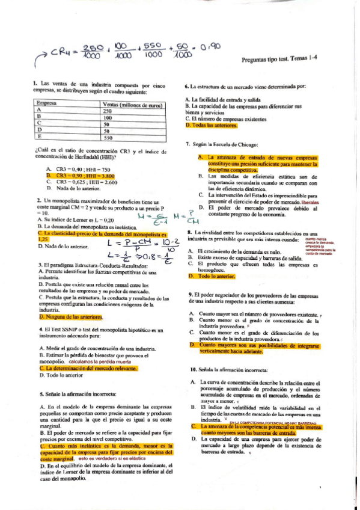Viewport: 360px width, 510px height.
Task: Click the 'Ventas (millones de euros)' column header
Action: tap(130, 104)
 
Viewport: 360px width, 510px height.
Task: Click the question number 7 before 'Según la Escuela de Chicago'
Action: tap(188, 144)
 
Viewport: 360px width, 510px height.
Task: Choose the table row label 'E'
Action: tap(39, 137)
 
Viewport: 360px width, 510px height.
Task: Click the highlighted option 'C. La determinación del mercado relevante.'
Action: tap(88, 368)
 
